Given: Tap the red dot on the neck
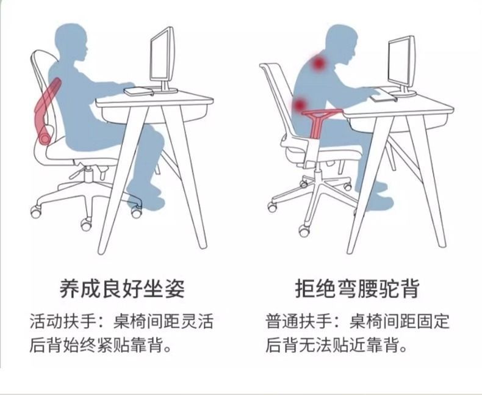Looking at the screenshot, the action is point(318,63).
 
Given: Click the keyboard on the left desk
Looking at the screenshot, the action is point(138,92).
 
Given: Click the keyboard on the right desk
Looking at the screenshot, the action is point(383,97).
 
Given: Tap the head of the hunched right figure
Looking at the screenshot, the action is point(342,45).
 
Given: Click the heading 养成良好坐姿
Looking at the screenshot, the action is point(122,289).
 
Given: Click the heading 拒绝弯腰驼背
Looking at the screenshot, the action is point(357,289).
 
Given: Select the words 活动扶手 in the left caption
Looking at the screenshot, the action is point(64,322).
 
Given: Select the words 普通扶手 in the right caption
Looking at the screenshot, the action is point(300,322).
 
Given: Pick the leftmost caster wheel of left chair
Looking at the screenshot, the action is point(36,212).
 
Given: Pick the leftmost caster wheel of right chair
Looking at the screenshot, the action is point(272,207).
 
